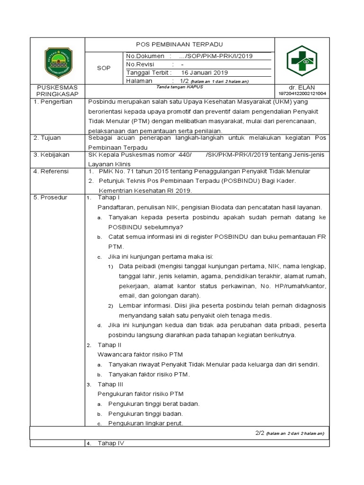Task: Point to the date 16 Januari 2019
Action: [x=205, y=72]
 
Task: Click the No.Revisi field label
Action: [x=143, y=64]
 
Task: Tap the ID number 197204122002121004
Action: [x=301, y=94]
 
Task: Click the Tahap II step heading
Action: [x=109, y=345]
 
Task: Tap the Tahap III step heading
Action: [x=110, y=384]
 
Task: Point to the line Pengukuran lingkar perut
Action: [x=146, y=423]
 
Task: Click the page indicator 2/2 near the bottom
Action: [x=259, y=433]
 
